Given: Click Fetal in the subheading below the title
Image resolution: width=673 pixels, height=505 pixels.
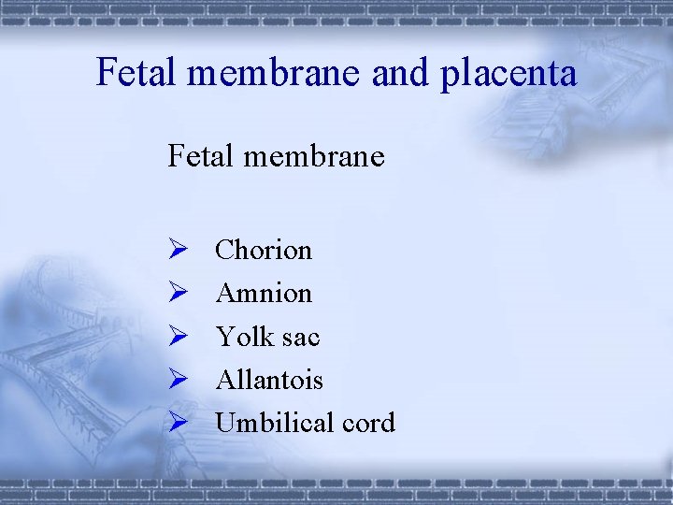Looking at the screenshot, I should [200, 155].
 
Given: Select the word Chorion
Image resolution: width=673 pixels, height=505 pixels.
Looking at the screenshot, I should [264, 250].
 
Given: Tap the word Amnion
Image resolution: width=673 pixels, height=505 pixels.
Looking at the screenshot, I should [264, 293].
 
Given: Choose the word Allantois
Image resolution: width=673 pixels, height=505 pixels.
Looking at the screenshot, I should [269, 379].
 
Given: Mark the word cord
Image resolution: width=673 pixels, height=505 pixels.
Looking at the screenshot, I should [368, 422].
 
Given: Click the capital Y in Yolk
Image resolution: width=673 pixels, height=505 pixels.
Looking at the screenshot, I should [224, 336].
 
